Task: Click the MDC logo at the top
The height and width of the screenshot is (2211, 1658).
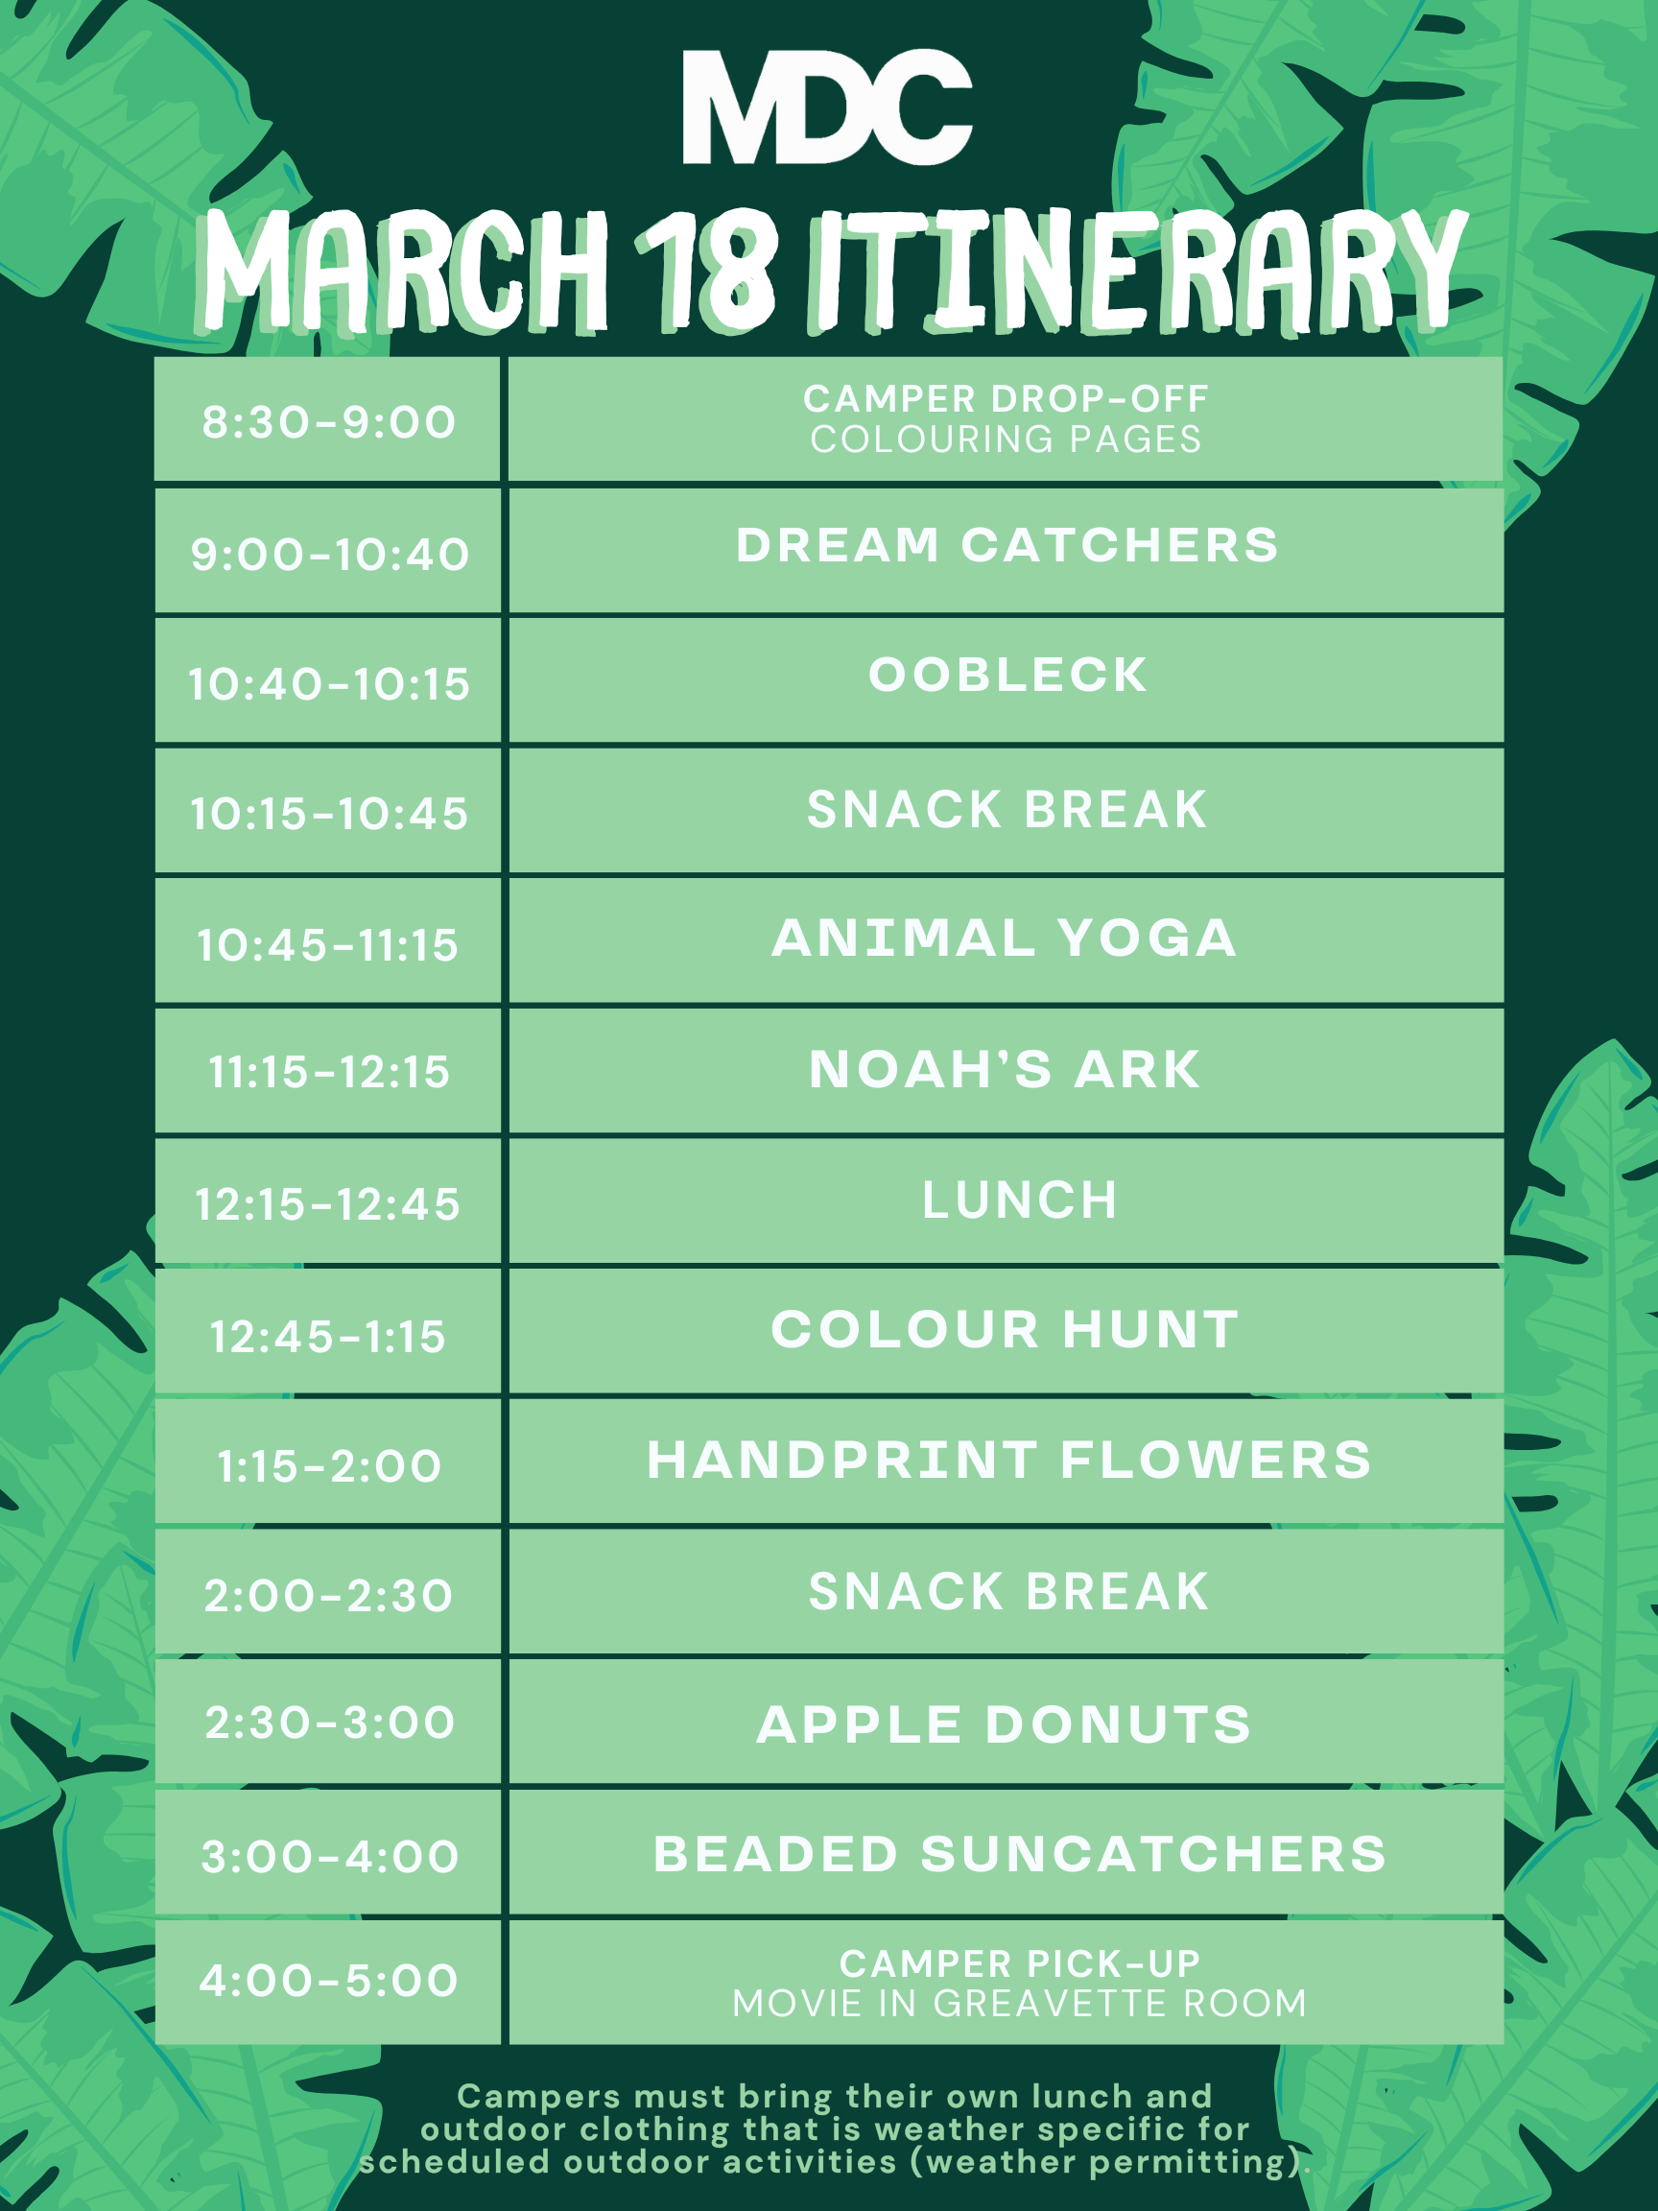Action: (827, 106)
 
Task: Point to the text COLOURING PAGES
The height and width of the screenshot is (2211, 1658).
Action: (1006, 439)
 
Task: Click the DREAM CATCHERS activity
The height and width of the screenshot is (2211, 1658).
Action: (1007, 546)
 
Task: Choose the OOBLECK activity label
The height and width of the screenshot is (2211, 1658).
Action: (1007, 675)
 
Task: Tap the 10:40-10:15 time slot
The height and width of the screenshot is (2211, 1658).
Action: (329, 684)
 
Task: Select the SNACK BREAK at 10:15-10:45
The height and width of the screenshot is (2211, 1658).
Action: (1007, 809)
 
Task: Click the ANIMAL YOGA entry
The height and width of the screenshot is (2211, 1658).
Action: (1005, 938)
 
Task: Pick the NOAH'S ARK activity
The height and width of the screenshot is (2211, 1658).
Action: (1005, 1070)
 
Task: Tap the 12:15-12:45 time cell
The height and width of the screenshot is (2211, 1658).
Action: (328, 1204)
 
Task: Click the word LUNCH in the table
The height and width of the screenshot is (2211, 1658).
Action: (1019, 1200)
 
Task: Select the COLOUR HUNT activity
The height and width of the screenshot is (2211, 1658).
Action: (1005, 1329)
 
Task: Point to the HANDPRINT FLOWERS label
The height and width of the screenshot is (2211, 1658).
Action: (1009, 1460)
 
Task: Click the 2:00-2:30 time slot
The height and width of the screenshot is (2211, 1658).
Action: (329, 1595)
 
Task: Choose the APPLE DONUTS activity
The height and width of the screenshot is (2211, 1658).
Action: (1004, 1724)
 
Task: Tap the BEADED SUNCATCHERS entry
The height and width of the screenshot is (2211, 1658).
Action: (1019, 1854)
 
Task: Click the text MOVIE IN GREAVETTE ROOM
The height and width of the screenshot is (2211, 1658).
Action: (1019, 2003)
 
